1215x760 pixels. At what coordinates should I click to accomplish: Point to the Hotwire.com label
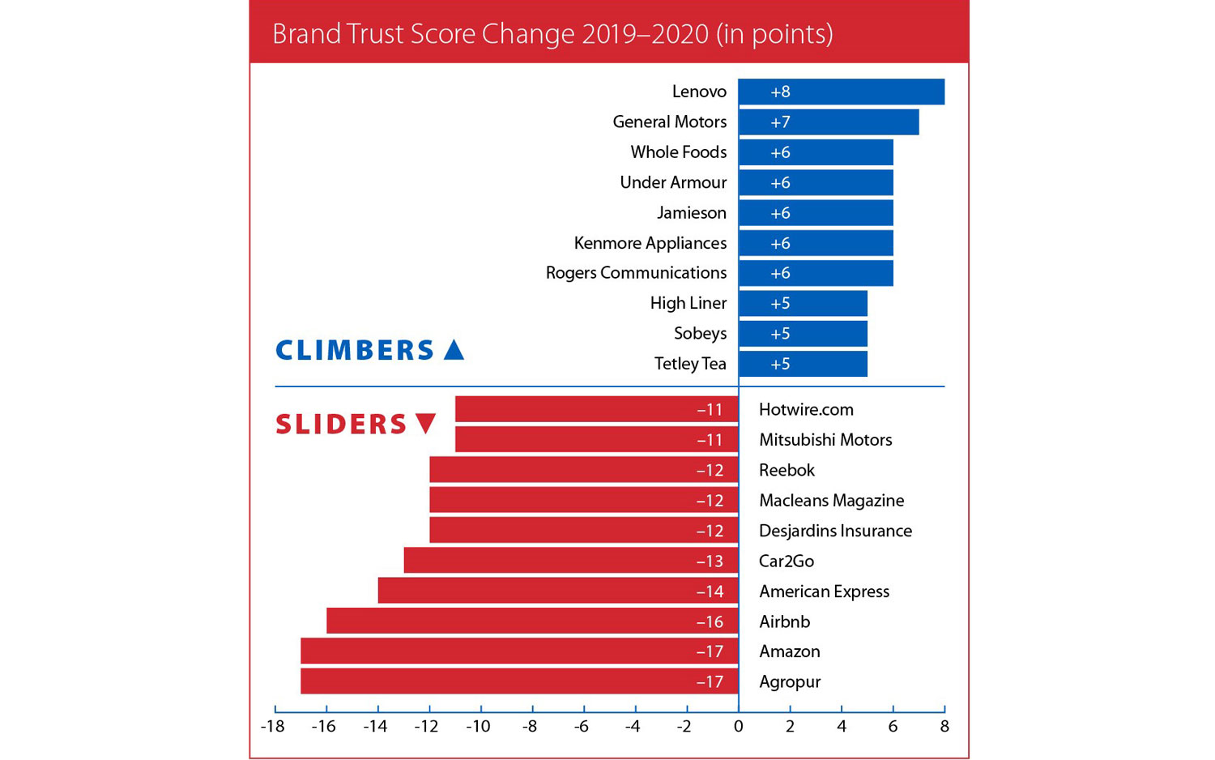click(806, 410)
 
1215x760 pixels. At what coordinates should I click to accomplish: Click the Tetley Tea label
click(690, 364)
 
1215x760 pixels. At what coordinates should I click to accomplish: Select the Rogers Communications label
click(636, 273)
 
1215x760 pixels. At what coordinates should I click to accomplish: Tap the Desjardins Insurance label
click(835, 531)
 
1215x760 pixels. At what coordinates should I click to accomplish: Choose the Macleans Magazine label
click(831, 501)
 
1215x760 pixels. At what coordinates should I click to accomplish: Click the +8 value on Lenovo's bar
click(780, 92)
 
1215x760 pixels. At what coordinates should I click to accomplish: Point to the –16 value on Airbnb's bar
click(710, 622)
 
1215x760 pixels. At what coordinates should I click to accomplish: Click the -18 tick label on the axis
click(272, 727)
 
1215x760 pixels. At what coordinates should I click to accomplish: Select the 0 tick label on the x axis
click(738, 727)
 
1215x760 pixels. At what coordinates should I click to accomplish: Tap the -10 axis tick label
click(478, 727)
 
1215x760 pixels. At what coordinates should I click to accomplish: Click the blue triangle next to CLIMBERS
click(454, 350)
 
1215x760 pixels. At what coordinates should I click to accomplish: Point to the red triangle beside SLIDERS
click(426, 423)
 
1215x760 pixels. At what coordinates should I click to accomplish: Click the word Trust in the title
click(375, 34)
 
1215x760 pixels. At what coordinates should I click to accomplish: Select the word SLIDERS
click(341, 424)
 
